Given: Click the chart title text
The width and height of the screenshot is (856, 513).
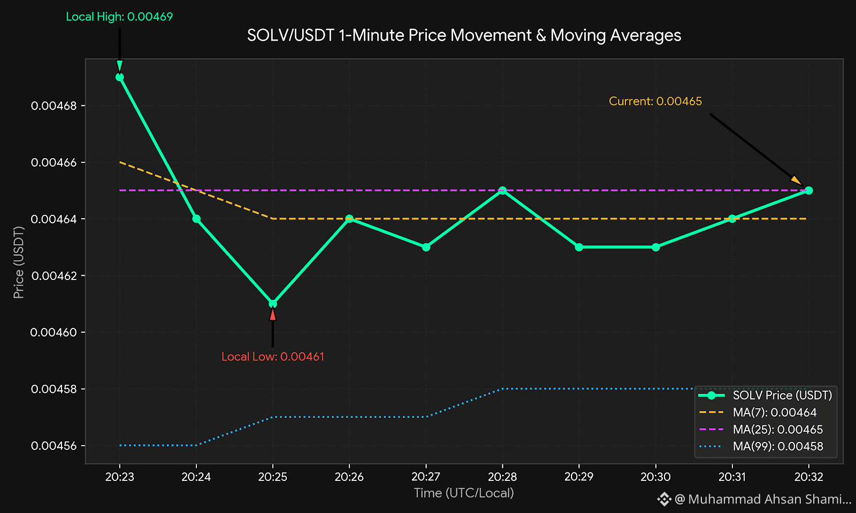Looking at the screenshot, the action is (464, 35).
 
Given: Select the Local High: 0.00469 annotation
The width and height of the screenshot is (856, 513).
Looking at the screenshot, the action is (119, 17).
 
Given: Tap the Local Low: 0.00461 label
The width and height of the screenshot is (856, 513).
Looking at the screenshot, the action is (273, 357).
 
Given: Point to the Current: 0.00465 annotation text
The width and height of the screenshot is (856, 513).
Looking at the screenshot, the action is (655, 101).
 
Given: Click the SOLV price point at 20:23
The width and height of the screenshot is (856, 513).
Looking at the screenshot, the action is (120, 77).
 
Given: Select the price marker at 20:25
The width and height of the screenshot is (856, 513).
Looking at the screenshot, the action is (273, 304).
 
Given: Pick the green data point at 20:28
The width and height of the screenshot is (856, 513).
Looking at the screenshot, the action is (502, 190).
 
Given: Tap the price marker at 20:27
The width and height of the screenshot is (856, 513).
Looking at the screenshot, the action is (426, 247).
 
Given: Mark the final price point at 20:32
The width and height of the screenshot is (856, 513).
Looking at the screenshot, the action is (808, 190).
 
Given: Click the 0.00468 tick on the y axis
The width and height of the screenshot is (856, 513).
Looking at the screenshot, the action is (54, 106).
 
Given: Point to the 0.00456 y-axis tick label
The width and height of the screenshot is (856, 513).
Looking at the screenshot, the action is (54, 446).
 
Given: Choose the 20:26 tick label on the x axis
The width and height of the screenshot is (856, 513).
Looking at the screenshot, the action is (349, 477).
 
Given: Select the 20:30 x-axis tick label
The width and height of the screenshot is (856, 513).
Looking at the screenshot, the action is (656, 477).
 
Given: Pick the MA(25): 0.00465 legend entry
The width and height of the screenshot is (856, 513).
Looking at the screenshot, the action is (761, 430).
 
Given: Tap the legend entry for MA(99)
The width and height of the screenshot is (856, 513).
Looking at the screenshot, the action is (761, 446).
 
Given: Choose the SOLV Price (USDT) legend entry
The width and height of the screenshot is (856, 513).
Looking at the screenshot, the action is (766, 395).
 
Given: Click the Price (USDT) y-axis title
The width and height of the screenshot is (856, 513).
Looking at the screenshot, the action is (19, 262).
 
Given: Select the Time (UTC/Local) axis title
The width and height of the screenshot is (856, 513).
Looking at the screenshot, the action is (464, 493).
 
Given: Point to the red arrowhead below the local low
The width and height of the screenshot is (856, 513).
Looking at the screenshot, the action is (273, 314).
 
